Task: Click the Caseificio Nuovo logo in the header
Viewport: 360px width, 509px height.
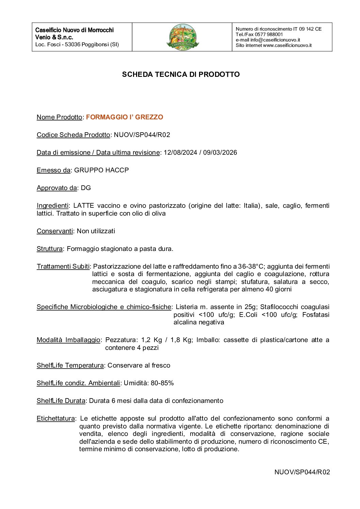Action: (x=183, y=37)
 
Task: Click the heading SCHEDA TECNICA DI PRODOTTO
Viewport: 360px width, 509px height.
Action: (x=181, y=74)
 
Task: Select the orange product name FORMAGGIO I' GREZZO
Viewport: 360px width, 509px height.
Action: (x=125, y=117)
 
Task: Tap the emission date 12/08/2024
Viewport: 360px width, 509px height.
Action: (x=180, y=153)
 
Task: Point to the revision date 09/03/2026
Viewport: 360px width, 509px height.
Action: (x=220, y=153)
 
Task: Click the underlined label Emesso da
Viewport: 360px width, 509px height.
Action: (x=53, y=170)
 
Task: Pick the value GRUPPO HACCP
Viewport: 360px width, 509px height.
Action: (x=101, y=170)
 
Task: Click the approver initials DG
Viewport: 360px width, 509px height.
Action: (x=86, y=188)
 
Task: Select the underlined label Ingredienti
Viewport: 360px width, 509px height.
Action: (x=52, y=206)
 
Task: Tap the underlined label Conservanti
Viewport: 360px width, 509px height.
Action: (x=55, y=231)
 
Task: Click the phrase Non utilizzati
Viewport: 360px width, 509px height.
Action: (x=96, y=231)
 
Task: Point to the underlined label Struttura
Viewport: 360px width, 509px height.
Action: (x=50, y=249)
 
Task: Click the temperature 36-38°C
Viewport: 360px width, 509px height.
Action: (x=250, y=267)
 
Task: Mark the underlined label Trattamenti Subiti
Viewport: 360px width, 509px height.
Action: (x=63, y=267)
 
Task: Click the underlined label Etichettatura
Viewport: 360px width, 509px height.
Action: (x=55, y=419)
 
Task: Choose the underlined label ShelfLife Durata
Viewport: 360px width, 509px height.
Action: (x=61, y=401)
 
